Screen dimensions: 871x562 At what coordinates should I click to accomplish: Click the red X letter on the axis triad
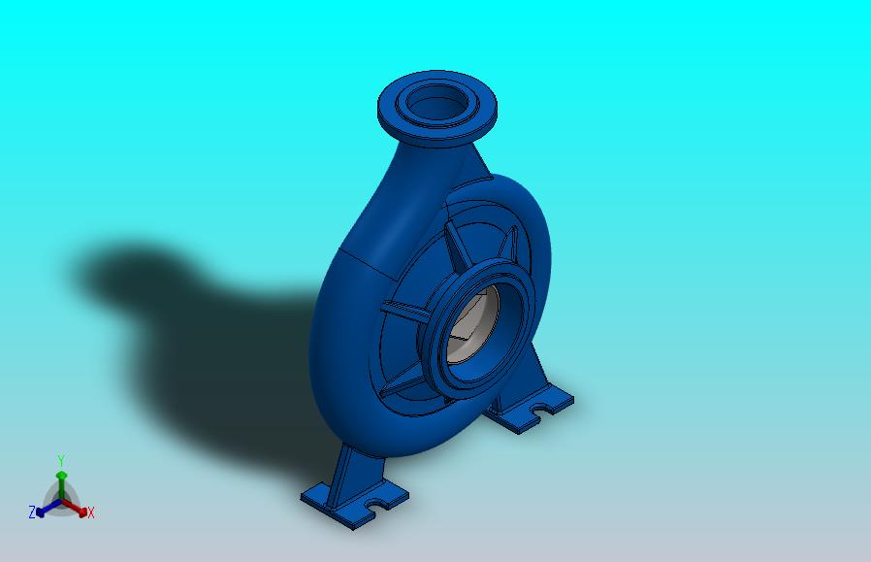pyautogui.click(x=91, y=513)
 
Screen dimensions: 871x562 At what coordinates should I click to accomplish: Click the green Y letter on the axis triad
pyautogui.click(x=61, y=461)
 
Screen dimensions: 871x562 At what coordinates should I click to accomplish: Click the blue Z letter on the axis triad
pyautogui.click(x=32, y=512)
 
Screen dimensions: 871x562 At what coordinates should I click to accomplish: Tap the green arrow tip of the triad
pyautogui.click(x=61, y=476)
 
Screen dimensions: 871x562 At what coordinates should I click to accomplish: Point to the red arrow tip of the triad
pyautogui.click(x=82, y=512)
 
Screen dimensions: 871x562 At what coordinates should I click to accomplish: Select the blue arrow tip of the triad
pyautogui.click(x=40, y=511)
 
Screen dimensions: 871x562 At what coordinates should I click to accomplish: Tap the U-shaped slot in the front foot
pyautogui.click(x=379, y=504)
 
